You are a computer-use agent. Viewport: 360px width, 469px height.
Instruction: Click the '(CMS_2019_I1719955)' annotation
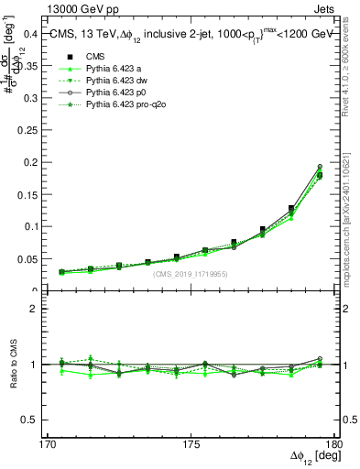click(191, 274)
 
